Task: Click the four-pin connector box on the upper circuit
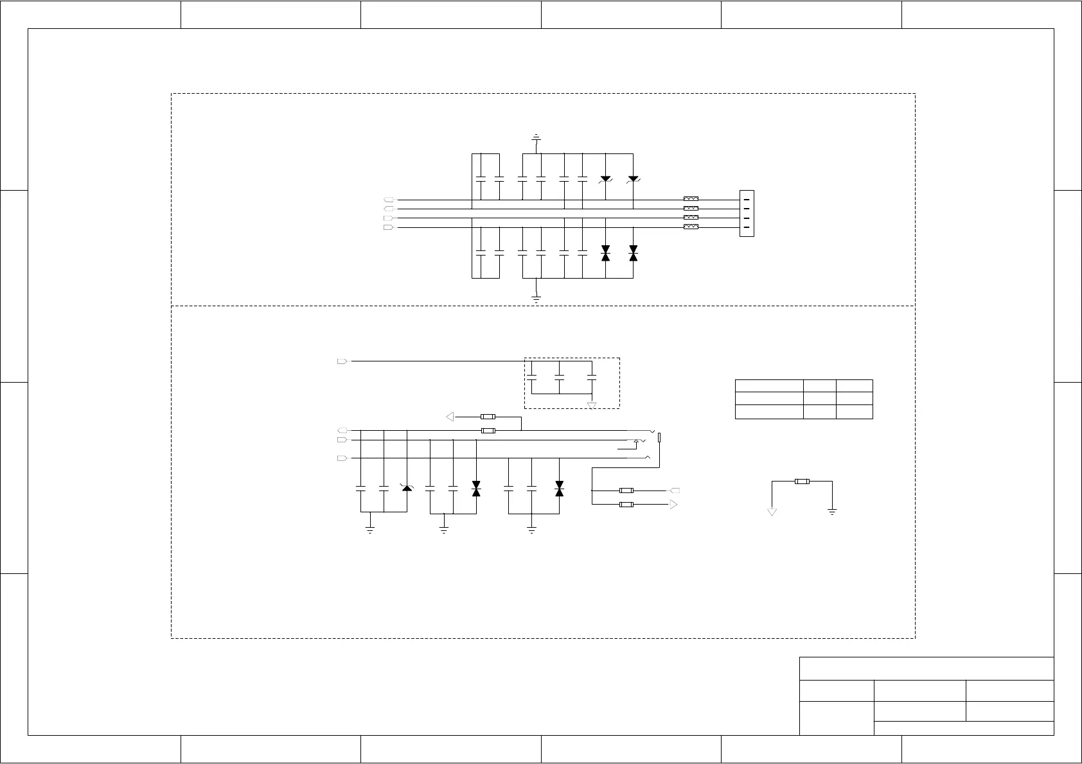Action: click(746, 213)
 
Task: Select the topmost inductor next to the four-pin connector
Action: click(691, 200)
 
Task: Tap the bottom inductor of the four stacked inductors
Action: click(691, 227)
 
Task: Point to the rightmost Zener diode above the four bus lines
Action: click(633, 178)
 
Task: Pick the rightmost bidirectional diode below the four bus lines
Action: click(633, 253)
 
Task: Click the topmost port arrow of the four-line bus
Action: click(388, 200)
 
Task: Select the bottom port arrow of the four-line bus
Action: click(388, 227)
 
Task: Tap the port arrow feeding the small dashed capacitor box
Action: click(342, 361)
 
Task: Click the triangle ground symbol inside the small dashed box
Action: click(592, 405)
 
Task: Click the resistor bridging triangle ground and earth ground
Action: click(801, 481)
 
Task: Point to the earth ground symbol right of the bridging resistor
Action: click(832, 512)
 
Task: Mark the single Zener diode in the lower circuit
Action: click(407, 489)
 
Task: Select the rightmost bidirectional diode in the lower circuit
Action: click(559, 489)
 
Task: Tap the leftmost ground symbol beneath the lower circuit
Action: click(370, 530)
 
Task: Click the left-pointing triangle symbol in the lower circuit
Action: click(450, 417)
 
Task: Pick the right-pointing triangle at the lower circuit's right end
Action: click(673, 505)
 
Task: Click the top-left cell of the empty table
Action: click(768, 386)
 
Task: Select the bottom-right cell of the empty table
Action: click(854, 412)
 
